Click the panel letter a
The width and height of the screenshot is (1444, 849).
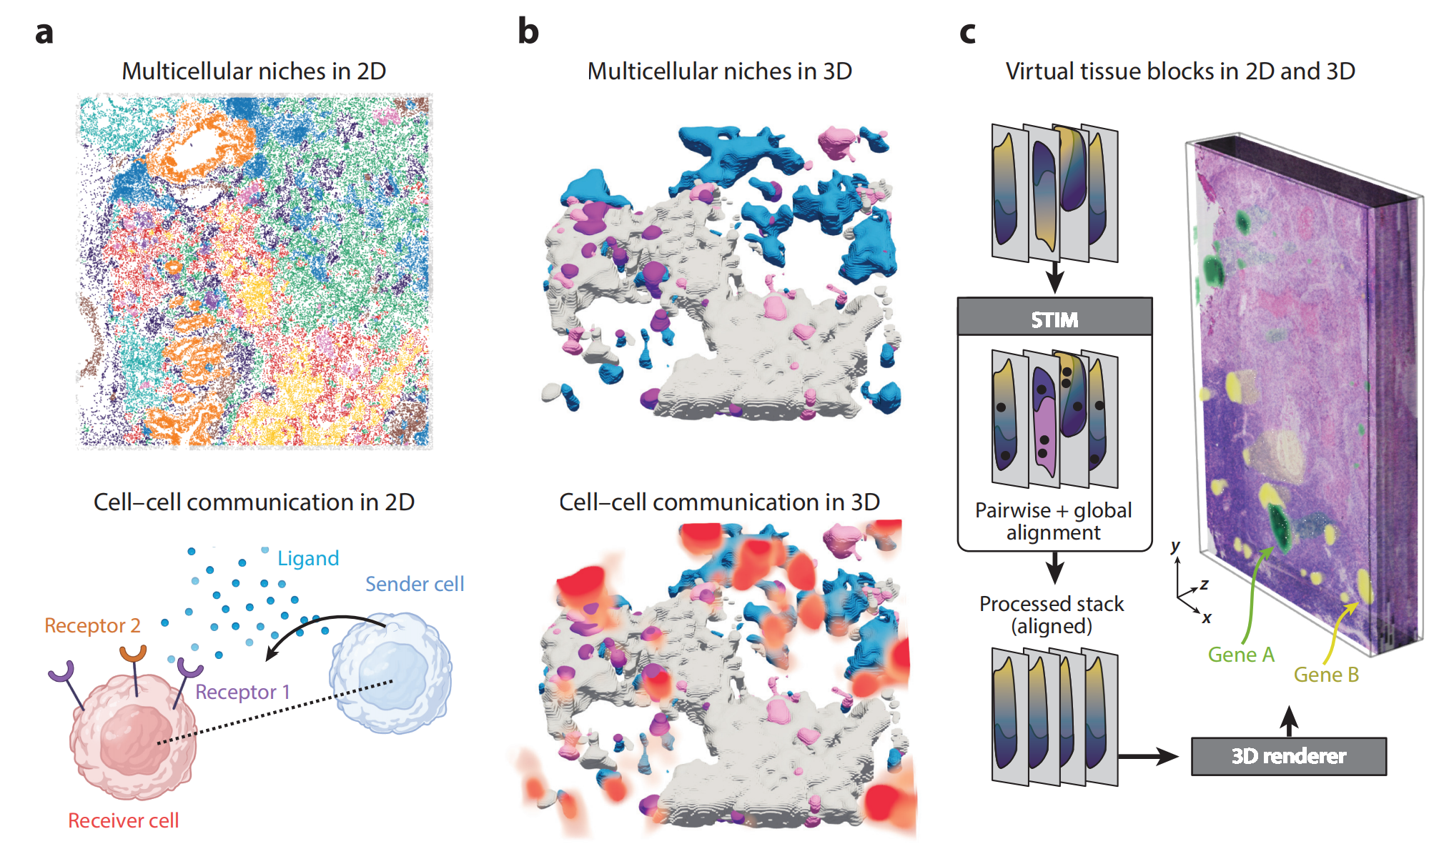point(44,33)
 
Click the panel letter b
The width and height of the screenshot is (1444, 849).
point(528,31)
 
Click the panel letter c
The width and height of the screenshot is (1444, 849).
point(967,33)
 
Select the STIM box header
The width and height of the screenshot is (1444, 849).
point(1054,318)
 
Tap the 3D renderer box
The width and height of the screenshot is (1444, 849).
point(1288,756)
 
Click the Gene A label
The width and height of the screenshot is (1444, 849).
point(1241,655)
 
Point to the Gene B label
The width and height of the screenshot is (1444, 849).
point(1326,675)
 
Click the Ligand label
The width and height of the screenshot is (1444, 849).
point(308,558)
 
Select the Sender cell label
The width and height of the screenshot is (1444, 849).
point(415,584)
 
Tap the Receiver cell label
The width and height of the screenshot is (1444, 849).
point(124,820)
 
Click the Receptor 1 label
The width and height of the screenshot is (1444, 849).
point(242,692)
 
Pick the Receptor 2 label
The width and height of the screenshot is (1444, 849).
point(92,625)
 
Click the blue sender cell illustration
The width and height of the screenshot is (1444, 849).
point(390,672)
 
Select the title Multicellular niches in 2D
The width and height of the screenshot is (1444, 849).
point(254,71)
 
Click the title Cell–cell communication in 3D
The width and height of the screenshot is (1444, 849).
point(719,502)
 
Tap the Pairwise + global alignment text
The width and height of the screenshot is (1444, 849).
point(1054,521)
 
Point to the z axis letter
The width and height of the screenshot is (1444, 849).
point(1205,584)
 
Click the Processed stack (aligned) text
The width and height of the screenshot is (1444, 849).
point(1052,615)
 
